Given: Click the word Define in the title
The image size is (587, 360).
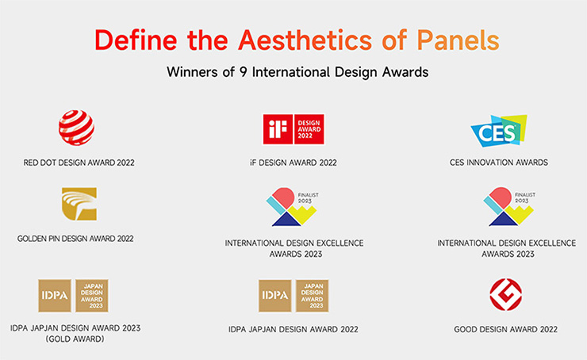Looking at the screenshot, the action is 136,40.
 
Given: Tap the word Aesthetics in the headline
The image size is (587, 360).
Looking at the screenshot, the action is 305,40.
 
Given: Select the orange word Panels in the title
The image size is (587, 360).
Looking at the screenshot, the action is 458,40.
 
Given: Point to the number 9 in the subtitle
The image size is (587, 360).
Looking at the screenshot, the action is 244,71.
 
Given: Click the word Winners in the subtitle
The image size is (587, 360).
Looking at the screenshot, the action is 193,71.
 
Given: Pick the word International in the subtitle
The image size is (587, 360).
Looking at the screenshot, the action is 291,71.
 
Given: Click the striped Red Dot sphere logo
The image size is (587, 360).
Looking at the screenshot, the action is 76,127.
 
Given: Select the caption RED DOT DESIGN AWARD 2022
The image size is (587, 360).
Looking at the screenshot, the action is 79,163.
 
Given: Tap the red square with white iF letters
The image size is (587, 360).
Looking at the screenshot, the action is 278,129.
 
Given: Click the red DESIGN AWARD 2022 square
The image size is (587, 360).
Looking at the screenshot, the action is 309,129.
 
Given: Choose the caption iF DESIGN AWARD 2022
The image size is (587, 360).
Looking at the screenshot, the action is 293,163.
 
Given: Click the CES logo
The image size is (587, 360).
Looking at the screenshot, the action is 499,131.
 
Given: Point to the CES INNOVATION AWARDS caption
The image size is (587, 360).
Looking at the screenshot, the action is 499,163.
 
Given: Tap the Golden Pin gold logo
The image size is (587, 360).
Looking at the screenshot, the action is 79,204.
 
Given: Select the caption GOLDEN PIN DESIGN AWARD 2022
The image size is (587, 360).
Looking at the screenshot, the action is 75,239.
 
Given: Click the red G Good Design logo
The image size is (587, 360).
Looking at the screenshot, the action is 506,294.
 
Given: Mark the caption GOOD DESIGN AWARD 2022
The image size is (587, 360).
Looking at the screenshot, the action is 506,329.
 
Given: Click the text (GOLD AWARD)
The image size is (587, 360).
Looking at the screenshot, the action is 75,339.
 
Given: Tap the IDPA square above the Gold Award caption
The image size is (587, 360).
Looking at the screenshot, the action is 55,296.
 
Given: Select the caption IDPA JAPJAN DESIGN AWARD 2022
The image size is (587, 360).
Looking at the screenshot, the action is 293,329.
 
